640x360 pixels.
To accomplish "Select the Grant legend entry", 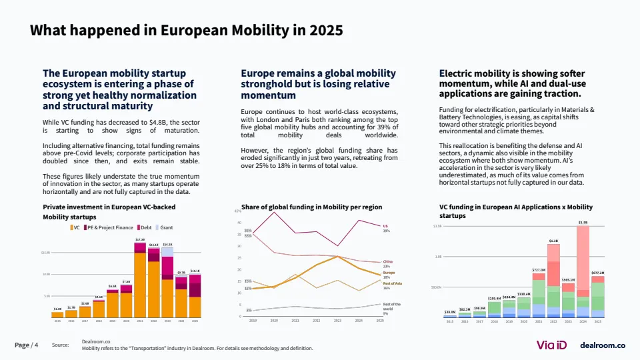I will pos(166,227).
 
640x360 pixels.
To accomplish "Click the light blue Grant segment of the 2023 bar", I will pos(167,252).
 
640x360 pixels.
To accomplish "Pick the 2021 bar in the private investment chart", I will pos(139,280).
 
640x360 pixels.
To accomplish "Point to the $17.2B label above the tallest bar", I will pos(140,239).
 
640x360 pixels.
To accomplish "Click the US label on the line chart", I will pos(385,226).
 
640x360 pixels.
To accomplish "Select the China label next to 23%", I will pos(387,261).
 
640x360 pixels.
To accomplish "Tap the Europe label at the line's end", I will pos(389,272).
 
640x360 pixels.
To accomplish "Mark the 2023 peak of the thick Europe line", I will pos(338,257).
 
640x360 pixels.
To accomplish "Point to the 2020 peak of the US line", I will pos(275,212).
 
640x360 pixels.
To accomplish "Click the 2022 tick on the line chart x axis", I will pos(317,321).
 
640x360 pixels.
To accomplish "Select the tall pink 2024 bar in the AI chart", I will pos(583,260).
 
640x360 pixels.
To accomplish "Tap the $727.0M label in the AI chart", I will pos(539,270).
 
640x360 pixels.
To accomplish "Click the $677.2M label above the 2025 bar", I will pos(597,272).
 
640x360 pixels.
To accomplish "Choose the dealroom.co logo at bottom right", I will pos(603,345).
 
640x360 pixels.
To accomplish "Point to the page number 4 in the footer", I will pos(36,345).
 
